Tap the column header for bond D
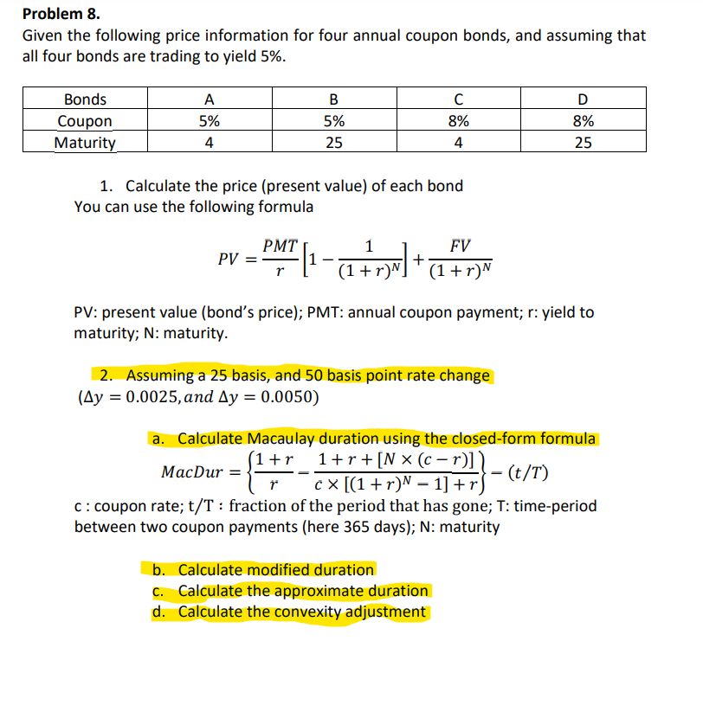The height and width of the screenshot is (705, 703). (x=584, y=99)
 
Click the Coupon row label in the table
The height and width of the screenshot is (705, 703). (x=85, y=121)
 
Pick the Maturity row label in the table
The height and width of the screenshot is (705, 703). (x=85, y=143)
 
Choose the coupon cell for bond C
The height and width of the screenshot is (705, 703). (x=458, y=121)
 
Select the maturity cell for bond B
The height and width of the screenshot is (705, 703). (x=333, y=143)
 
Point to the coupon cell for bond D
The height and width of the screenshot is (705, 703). (x=584, y=121)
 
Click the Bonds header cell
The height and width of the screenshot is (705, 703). (x=85, y=99)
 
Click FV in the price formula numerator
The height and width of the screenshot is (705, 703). (x=461, y=246)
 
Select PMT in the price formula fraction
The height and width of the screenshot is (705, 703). (x=280, y=246)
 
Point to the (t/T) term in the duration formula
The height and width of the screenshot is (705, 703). (x=529, y=472)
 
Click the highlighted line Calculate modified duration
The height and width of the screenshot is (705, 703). (x=275, y=569)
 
